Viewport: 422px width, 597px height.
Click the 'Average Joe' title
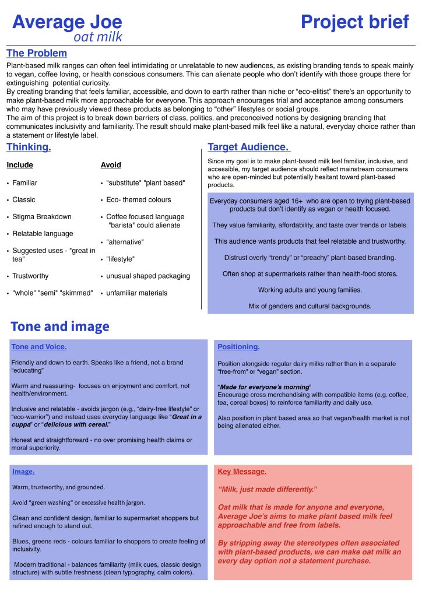[67, 22]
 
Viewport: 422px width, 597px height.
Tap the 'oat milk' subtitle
[97, 37]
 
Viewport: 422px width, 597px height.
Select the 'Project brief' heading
[355, 22]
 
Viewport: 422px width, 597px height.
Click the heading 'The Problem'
[37, 53]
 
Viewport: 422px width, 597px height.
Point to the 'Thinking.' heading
[29, 147]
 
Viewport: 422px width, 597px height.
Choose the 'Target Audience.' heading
[248, 147]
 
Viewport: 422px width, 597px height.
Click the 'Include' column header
[20, 165]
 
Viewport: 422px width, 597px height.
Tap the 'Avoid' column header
[111, 165]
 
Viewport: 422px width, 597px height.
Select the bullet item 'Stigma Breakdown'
[42, 217]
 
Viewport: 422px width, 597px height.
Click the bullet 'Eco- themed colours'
[139, 199]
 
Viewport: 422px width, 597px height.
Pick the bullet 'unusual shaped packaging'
[148, 276]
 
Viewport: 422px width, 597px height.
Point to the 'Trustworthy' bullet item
[30, 276]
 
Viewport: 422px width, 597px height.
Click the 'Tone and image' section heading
[59, 326]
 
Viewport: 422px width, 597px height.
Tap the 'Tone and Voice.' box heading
[39, 347]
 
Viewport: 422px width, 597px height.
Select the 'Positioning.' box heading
[238, 347]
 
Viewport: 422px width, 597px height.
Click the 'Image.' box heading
[23, 471]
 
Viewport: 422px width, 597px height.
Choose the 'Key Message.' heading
[242, 471]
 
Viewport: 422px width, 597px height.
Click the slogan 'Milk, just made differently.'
[267, 489]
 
